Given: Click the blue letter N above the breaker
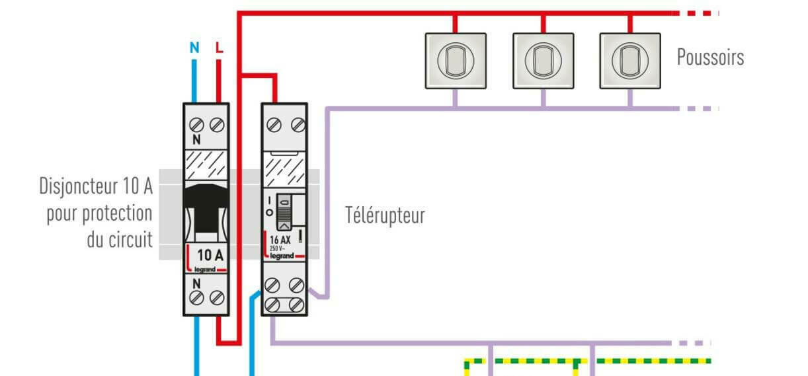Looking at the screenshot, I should [194, 48].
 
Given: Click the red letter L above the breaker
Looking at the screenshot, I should [219, 48].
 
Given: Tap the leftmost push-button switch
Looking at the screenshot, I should [455, 60].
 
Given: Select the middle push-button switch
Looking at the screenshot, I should [543, 60].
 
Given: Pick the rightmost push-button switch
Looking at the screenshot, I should [629, 60].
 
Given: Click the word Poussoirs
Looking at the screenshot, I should [710, 57].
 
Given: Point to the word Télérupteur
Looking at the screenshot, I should [385, 215].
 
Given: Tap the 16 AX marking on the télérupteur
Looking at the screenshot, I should [280, 240].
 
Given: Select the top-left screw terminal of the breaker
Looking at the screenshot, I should [196, 124].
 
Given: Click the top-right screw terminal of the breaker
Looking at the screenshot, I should [217, 124].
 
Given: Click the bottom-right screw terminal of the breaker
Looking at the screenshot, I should [217, 297].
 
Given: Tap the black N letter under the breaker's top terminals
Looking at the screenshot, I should [196, 140].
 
